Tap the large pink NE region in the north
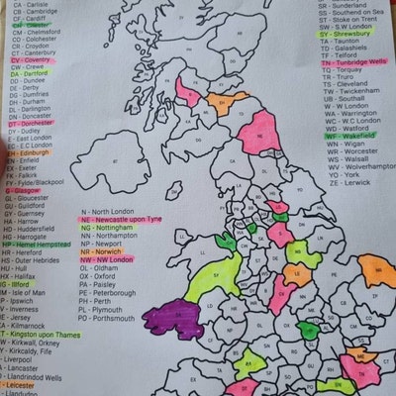tap(255, 131)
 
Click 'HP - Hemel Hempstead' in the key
tap(40, 245)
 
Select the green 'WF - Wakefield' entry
tap(347, 136)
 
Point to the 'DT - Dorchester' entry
tap(35, 122)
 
